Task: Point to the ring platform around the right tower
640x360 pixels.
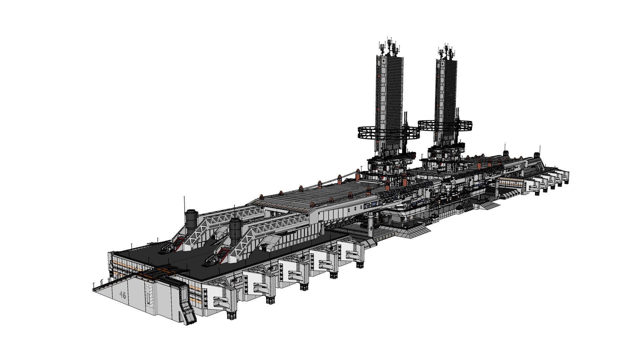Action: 446,125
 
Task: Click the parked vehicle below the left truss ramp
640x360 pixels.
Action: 170,247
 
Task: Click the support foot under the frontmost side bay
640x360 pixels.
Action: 232,315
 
